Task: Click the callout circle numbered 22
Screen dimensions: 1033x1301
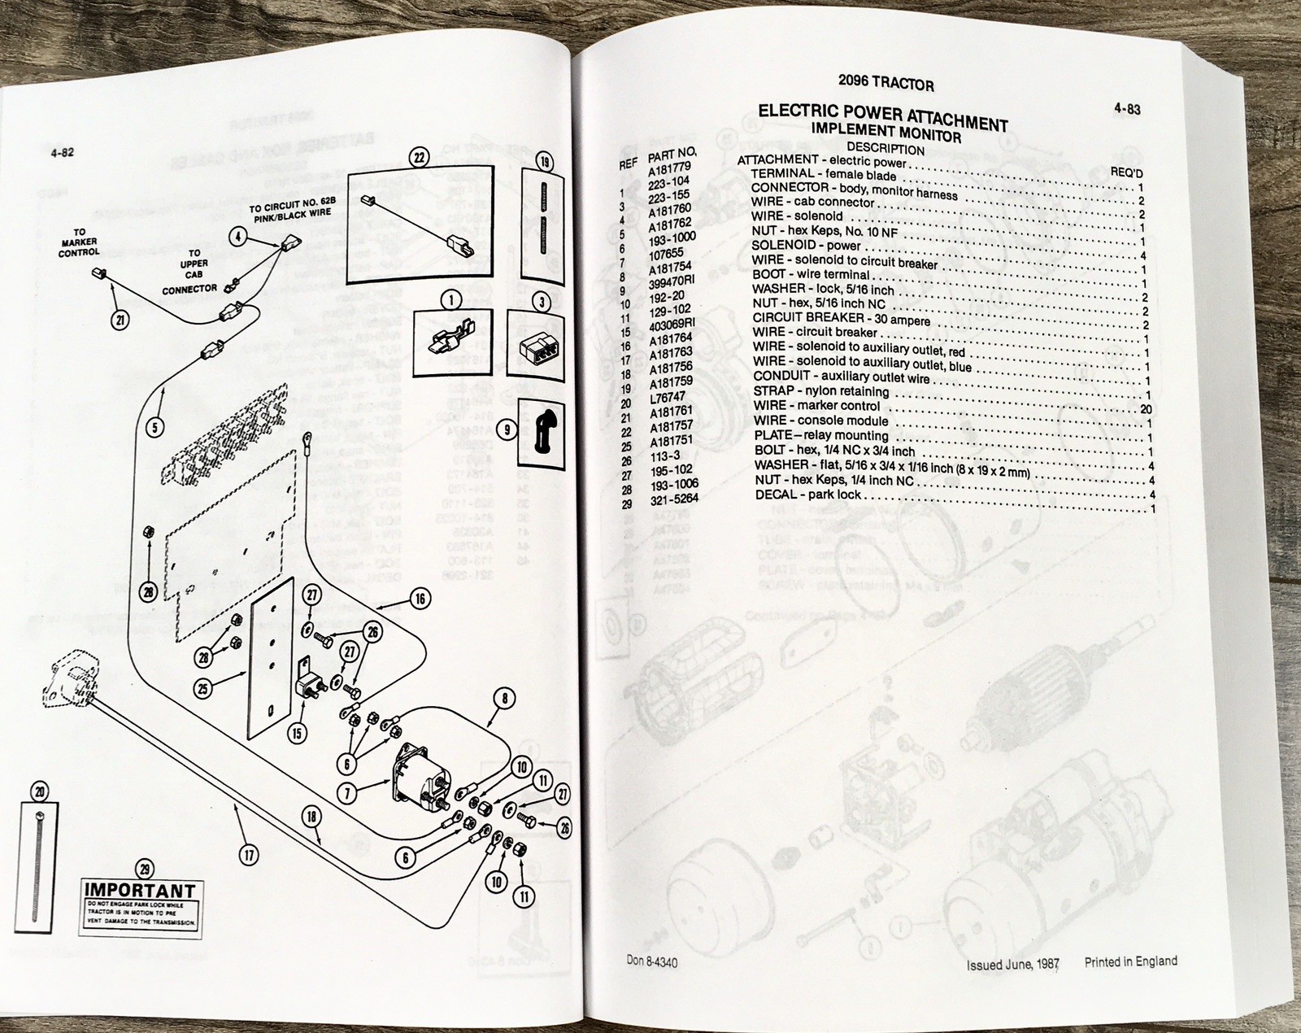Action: (419, 158)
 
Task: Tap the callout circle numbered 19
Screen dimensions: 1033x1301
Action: (544, 162)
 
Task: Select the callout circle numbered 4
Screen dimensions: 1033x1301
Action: (237, 238)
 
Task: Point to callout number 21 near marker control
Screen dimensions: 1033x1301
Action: (120, 320)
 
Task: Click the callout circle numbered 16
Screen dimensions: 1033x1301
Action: (420, 599)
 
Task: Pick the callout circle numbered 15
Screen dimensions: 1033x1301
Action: (298, 733)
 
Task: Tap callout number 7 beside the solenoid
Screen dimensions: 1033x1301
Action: (347, 791)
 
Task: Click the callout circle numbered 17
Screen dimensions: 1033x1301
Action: (249, 854)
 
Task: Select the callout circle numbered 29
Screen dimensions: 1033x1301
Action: (145, 870)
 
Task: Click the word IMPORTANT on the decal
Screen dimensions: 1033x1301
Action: (140, 891)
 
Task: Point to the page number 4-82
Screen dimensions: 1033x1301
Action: (62, 152)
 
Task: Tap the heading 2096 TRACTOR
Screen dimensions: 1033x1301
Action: (885, 84)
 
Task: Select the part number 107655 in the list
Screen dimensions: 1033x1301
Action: (665, 254)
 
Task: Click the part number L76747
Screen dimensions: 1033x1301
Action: (667, 396)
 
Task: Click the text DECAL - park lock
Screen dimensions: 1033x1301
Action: (807, 495)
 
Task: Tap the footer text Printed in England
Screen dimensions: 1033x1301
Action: (1130, 961)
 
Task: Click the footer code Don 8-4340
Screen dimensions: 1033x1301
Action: (652, 962)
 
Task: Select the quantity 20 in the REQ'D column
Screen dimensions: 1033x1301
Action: (1147, 409)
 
